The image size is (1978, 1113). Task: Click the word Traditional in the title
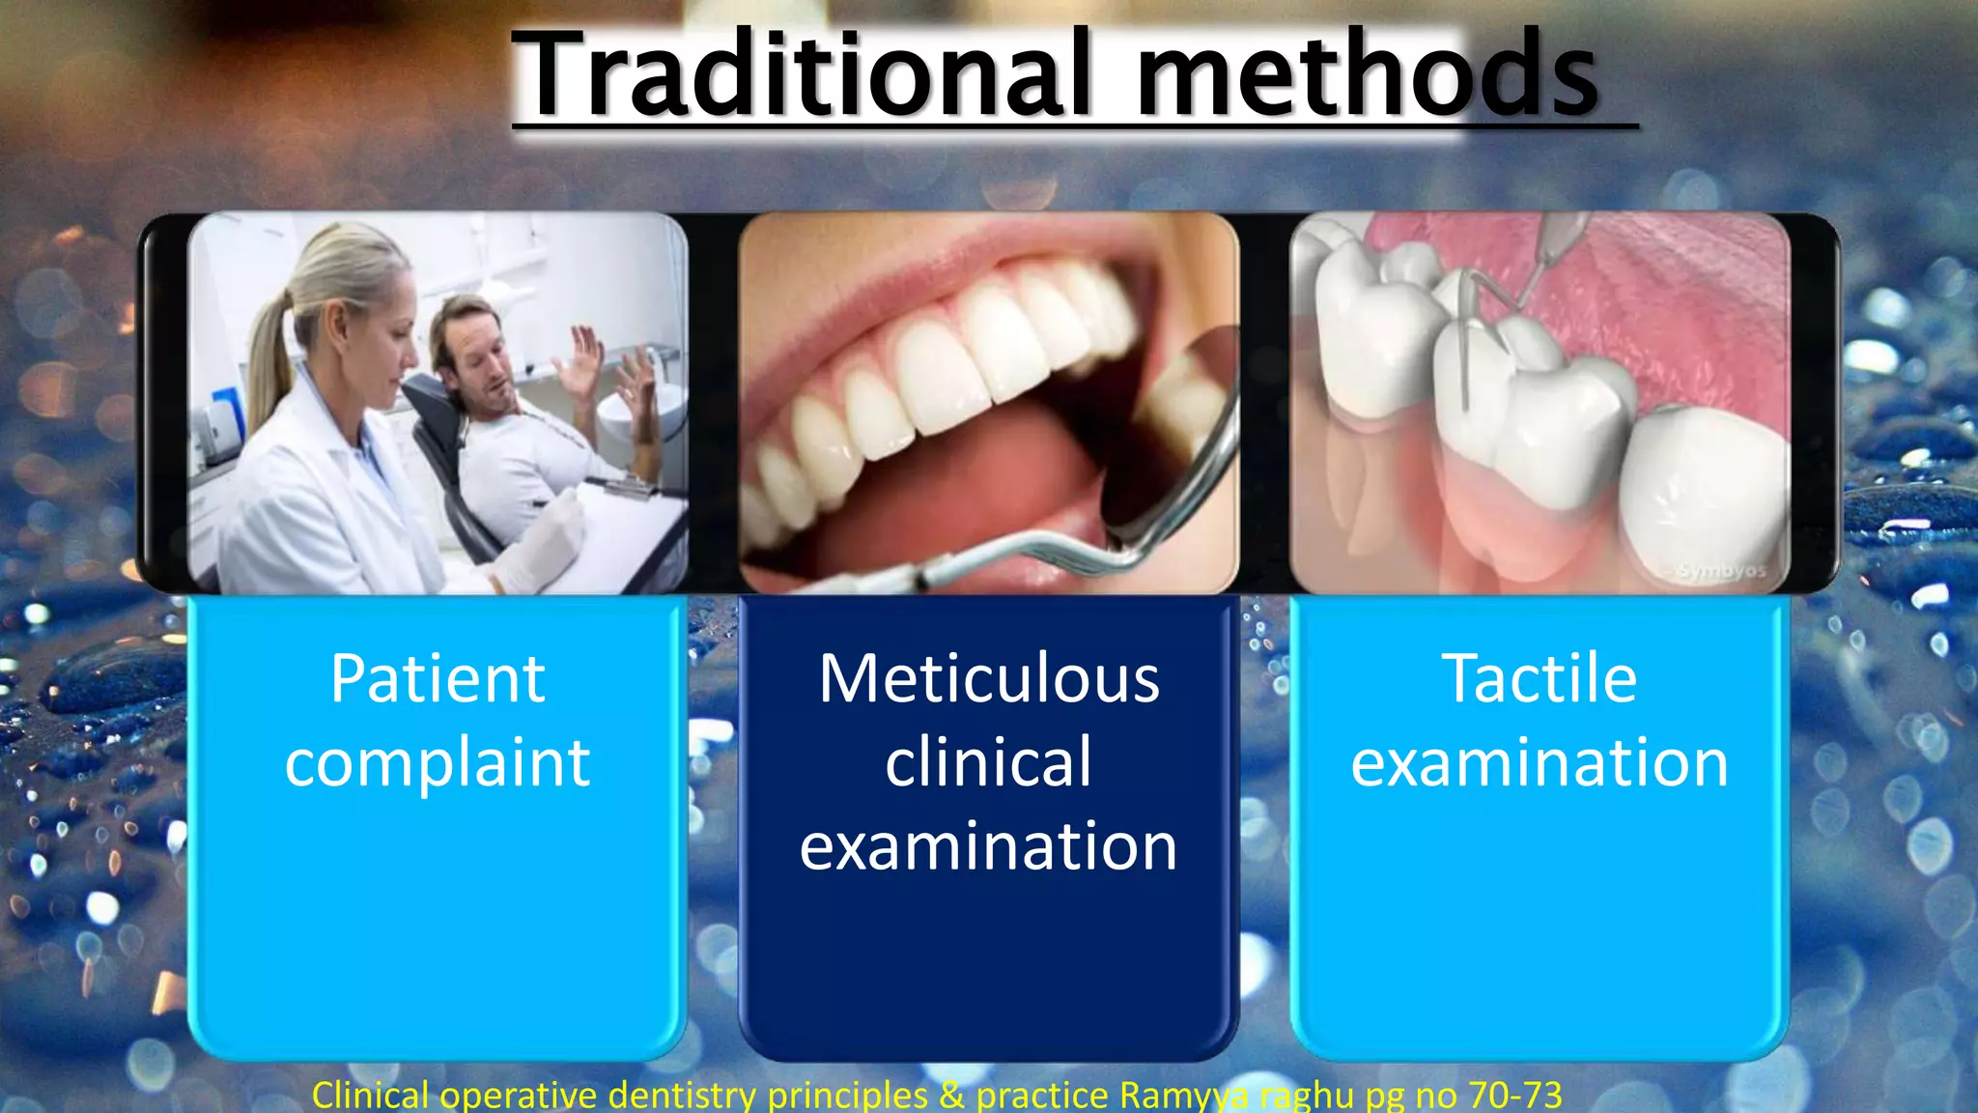(802, 75)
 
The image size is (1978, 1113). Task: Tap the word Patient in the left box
(438, 678)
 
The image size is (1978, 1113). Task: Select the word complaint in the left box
(438, 763)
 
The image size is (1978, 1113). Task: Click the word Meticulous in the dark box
(989, 678)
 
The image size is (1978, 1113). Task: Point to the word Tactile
(1540, 678)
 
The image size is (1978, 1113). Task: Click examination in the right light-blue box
(1540, 763)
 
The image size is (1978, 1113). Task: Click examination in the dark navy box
(989, 846)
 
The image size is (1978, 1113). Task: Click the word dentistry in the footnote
(682, 1095)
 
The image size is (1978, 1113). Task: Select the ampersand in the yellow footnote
(951, 1095)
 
